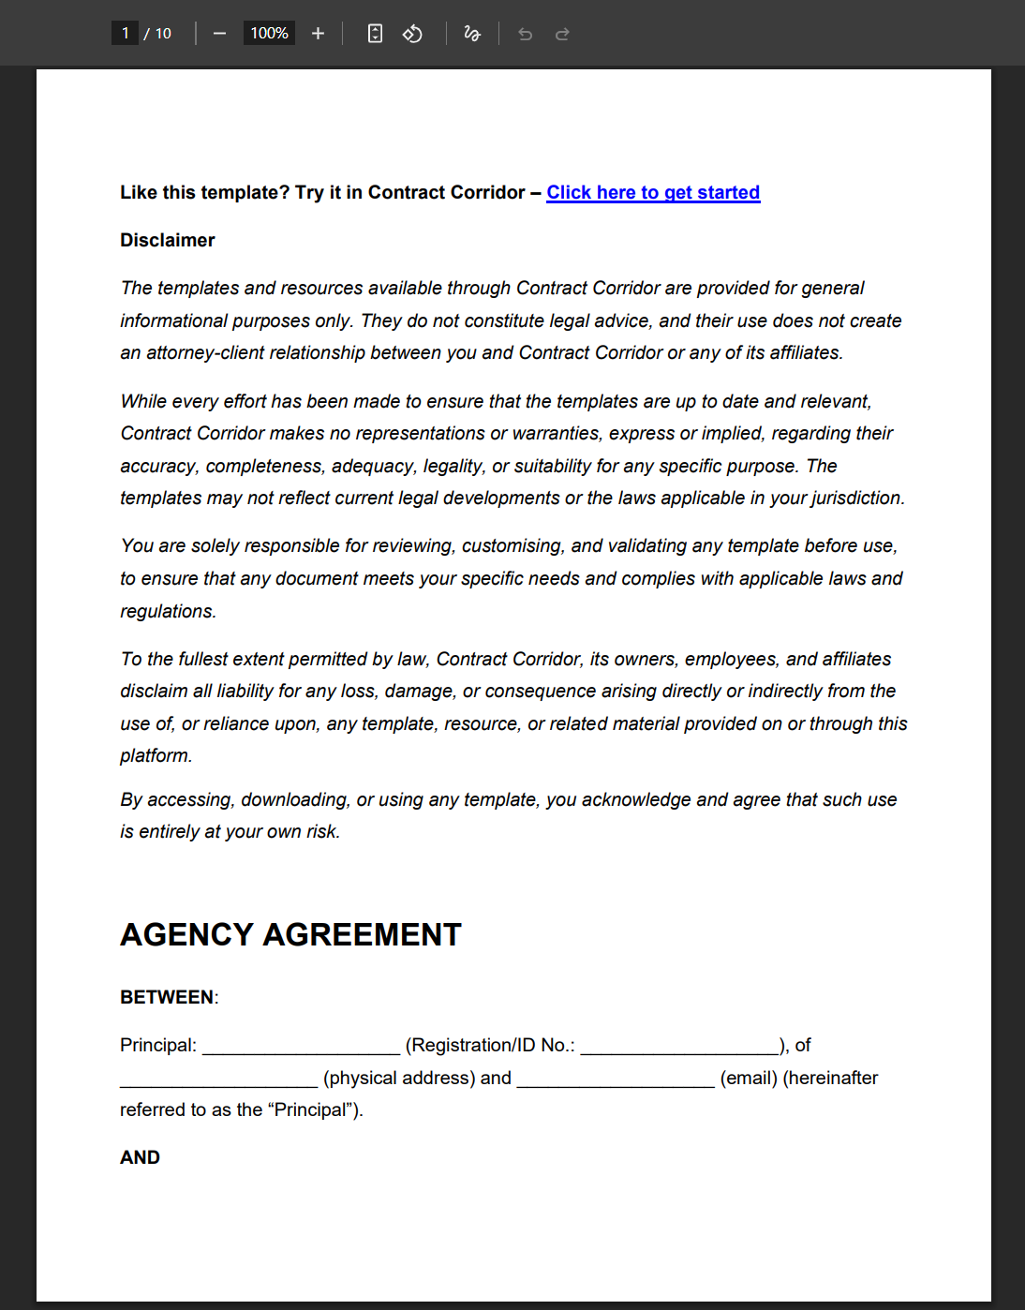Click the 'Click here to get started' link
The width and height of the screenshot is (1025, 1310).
(653, 192)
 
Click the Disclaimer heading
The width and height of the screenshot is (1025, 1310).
(168, 240)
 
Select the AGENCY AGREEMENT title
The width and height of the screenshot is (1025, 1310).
(290, 934)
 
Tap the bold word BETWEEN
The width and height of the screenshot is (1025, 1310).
(167, 997)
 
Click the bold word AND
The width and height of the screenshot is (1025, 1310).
(140, 1157)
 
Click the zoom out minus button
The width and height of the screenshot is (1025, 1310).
(219, 34)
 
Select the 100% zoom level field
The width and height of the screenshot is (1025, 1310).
(269, 34)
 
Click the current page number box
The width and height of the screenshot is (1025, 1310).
(125, 34)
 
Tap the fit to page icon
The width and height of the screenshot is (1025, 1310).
(375, 34)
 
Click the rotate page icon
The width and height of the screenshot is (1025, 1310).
(412, 34)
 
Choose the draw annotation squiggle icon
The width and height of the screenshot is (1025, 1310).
(472, 34)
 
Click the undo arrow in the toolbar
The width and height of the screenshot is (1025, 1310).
(525, 34)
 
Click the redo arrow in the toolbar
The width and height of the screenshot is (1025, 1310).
(562, 34)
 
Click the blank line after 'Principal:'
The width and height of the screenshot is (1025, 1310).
(301, 1048)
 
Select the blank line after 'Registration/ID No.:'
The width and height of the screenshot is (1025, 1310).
(679, 1048)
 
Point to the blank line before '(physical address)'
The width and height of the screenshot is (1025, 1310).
(218, 1080)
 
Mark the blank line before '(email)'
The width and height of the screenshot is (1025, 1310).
(616, 1080)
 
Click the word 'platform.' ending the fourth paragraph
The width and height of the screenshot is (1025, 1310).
(156, 755)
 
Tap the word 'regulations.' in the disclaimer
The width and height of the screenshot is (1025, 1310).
(168, 611)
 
